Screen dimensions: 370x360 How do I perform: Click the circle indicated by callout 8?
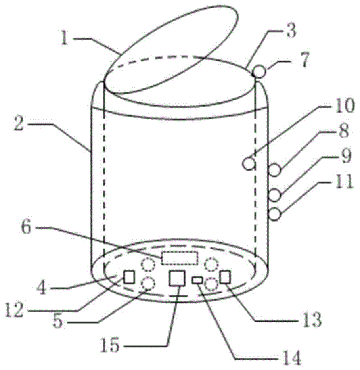click(275, 170)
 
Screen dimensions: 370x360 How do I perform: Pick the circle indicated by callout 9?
click(275, 195)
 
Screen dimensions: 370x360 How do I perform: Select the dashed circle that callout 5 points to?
click(148, 284)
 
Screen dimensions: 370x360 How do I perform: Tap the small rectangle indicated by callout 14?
click(198, 280)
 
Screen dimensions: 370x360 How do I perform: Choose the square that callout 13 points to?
click(225, 277)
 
